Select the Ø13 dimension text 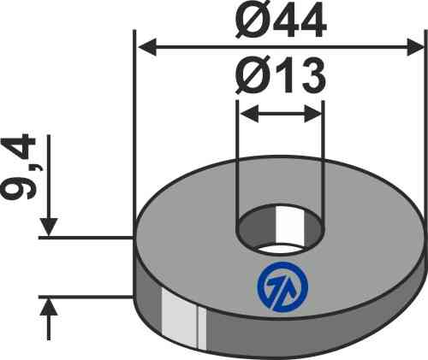[x=281, y=80]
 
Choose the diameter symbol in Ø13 [x=253, y=80]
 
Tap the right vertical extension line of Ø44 [x=425, y=128]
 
